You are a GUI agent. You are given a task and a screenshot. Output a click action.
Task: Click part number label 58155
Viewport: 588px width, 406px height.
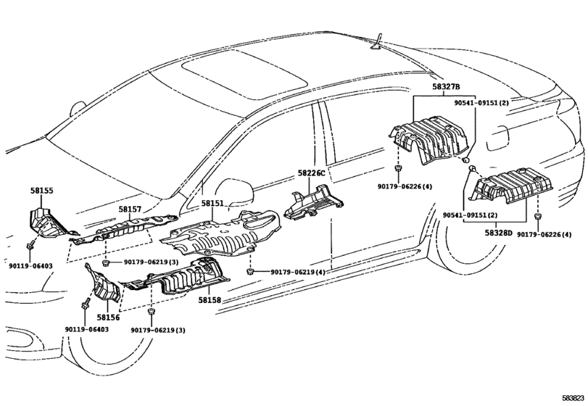coord(41,191)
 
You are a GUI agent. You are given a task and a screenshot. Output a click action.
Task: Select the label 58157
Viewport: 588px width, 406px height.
coord(130,210)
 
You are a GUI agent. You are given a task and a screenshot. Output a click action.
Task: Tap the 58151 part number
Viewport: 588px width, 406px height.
coord(212,204)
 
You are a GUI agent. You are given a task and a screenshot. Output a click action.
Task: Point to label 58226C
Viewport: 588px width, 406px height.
coord(311,173)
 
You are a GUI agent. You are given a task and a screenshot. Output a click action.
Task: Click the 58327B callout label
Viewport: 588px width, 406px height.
coord(446,86)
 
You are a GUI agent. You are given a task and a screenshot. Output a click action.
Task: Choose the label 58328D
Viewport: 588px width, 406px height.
coord(498,233)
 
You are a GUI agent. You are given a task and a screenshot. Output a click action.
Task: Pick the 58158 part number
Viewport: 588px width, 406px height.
coord(210,300)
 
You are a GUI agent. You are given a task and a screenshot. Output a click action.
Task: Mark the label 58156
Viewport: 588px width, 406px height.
coord(108,318)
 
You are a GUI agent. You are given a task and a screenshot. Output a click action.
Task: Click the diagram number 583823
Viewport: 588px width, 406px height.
coord(573,398)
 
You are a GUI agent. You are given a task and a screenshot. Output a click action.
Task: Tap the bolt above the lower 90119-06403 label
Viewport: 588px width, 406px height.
coord(86,302)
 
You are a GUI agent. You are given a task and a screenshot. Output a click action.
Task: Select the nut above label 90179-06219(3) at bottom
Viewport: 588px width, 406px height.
coord(151,312)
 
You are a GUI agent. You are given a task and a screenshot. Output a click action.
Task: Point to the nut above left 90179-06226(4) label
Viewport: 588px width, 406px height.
coord(398,167)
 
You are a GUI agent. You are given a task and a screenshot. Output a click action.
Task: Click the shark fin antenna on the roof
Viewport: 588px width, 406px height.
coord(376,42)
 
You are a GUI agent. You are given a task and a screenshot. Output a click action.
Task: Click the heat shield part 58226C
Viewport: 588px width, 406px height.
coord(313,202)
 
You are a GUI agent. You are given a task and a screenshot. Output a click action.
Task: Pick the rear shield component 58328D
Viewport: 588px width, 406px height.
coord(511,186)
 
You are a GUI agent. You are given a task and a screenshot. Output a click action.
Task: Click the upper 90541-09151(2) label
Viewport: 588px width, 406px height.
coord(481,103)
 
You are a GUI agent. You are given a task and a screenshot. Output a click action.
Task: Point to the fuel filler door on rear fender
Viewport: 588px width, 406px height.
coord(497,138)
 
